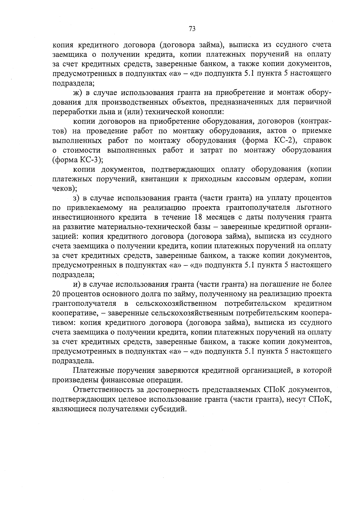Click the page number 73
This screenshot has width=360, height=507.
click(192, 29)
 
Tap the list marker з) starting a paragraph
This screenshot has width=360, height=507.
click(76, 198)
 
